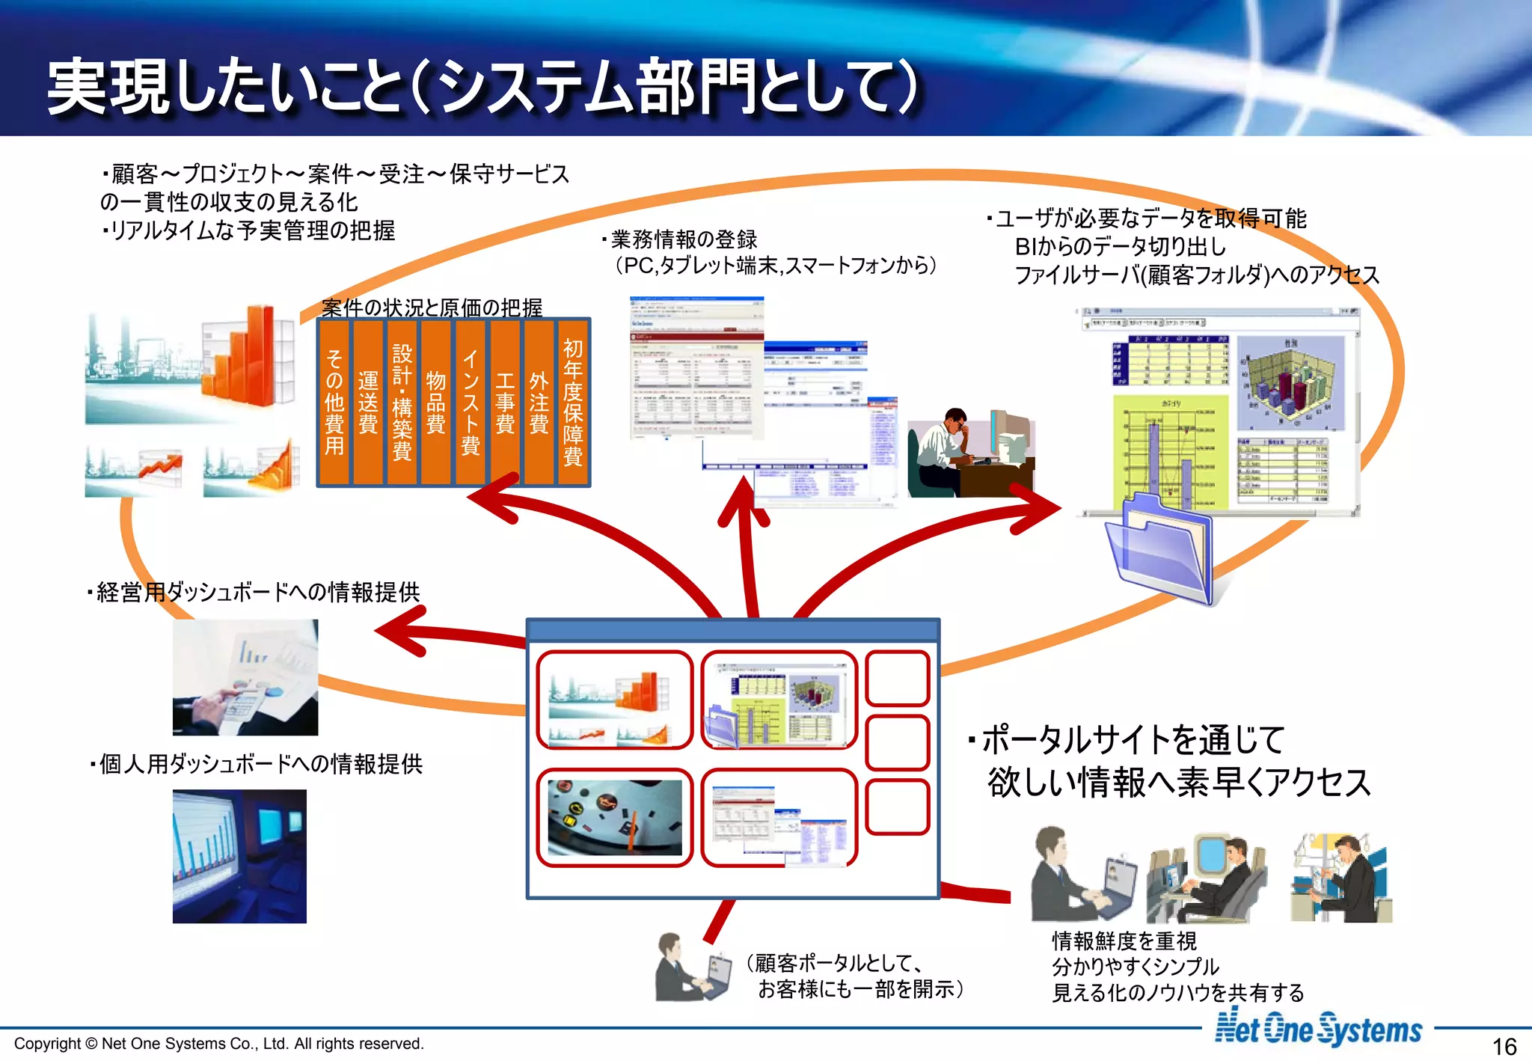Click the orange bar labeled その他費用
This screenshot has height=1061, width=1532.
pos(334,403)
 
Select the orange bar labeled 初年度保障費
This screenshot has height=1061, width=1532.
pos(573,403)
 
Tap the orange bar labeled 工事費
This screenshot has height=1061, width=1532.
pos(505,403)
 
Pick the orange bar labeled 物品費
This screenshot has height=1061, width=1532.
pos(436,403)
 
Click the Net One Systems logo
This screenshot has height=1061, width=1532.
pos(1318,1028)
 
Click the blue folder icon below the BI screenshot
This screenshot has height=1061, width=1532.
pos(1158,549)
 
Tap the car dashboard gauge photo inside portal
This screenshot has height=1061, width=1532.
pos(615,817)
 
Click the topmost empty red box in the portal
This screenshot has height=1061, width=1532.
pos(897,678)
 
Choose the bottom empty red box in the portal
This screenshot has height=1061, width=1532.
pos(897,807)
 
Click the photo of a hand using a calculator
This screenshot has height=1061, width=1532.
pos(245,677)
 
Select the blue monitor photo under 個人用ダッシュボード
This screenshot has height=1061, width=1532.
pos(239,856)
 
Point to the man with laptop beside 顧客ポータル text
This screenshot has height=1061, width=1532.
pos(691,968)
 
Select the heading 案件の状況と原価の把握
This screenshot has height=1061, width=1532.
pos(432,308)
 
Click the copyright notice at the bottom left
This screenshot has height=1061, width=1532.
pos(219,1043)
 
